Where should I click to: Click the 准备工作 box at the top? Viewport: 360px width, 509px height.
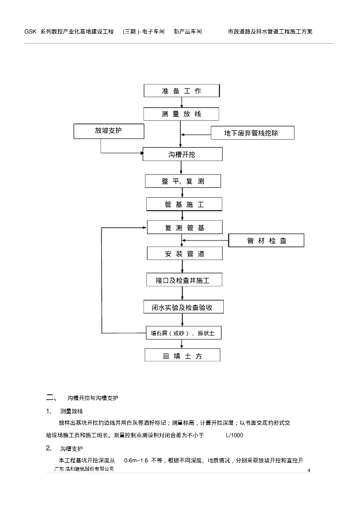181,91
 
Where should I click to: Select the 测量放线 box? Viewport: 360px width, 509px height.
181,114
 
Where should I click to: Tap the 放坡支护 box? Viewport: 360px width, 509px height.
108,131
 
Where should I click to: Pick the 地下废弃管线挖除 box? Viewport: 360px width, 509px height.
252,133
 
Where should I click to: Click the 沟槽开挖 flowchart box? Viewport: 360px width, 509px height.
182,155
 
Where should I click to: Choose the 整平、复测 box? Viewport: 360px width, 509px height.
182,181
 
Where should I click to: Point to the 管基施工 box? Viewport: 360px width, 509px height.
184,204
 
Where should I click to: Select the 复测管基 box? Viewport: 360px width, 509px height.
184,228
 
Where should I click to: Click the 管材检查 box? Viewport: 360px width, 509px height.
266,241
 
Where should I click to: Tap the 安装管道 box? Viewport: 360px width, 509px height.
184,254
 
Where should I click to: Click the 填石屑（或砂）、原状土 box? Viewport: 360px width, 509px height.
182,333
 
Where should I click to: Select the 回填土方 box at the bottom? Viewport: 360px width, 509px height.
182,356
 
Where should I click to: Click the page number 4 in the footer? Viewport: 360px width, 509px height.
309,471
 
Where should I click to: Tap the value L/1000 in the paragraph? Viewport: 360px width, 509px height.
234,435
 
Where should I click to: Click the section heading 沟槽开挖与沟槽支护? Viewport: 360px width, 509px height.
92,398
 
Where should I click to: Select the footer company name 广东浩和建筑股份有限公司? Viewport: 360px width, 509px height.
84,469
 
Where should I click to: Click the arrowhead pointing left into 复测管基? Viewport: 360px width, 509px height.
145,228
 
